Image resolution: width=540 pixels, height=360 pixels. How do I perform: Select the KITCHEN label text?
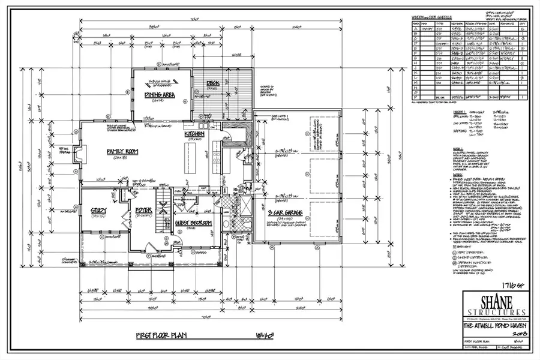tap(194, 134)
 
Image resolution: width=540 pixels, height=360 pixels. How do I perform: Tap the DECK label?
tap(213, 83)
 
